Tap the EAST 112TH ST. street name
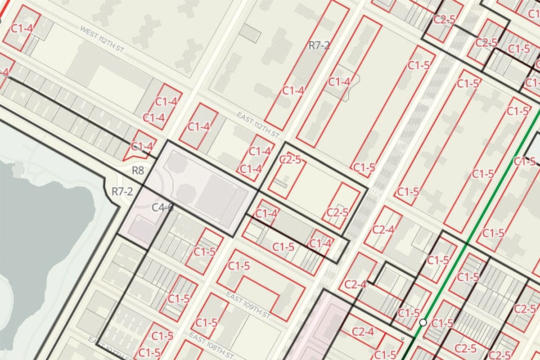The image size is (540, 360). [259, 125]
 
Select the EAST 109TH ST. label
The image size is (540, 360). [249, 305]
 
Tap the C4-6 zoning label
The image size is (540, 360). [162, 207]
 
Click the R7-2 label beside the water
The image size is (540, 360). [122, 192]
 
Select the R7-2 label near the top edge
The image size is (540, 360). [319, 45]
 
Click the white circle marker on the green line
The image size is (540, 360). [423, 322]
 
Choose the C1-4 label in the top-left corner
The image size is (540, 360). [22, 28]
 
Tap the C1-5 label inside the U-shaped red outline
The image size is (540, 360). [238, 266]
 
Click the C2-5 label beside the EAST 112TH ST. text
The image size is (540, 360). [290, 159]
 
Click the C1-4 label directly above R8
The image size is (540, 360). [143, 147]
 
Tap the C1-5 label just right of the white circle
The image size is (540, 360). [443, 323]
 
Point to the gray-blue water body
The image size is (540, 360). [45, 225]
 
